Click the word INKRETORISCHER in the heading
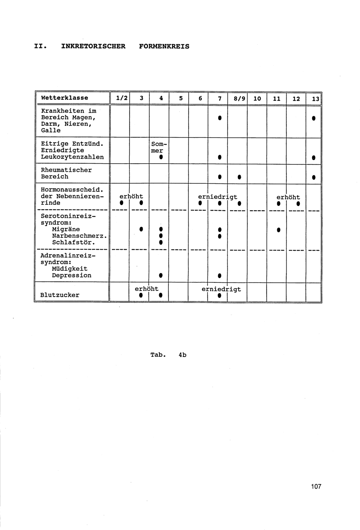93,46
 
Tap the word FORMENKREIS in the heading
164,46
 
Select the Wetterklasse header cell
64,98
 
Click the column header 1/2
120,98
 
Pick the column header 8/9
237,98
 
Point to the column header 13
315,99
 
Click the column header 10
257,98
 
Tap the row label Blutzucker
60,295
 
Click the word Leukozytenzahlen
72,157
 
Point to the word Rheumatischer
66,170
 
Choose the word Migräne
66,229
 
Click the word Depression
72,275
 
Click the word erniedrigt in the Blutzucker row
221,289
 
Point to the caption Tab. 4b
168,355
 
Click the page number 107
316,487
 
